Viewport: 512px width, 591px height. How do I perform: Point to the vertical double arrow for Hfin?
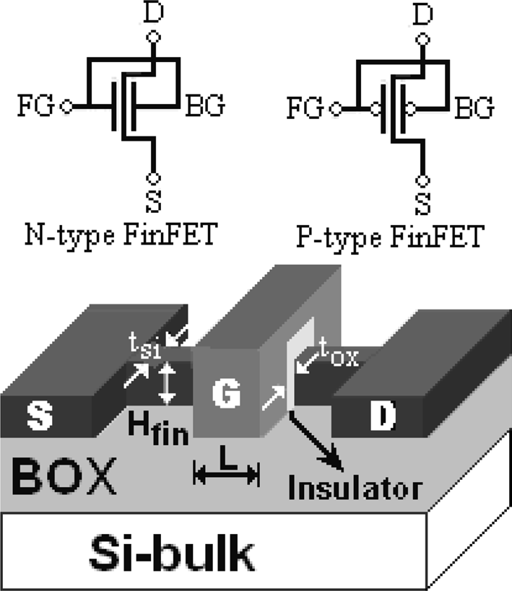[x=167, y=383]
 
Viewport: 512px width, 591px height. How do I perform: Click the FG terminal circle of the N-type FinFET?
[x=65, y=108]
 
